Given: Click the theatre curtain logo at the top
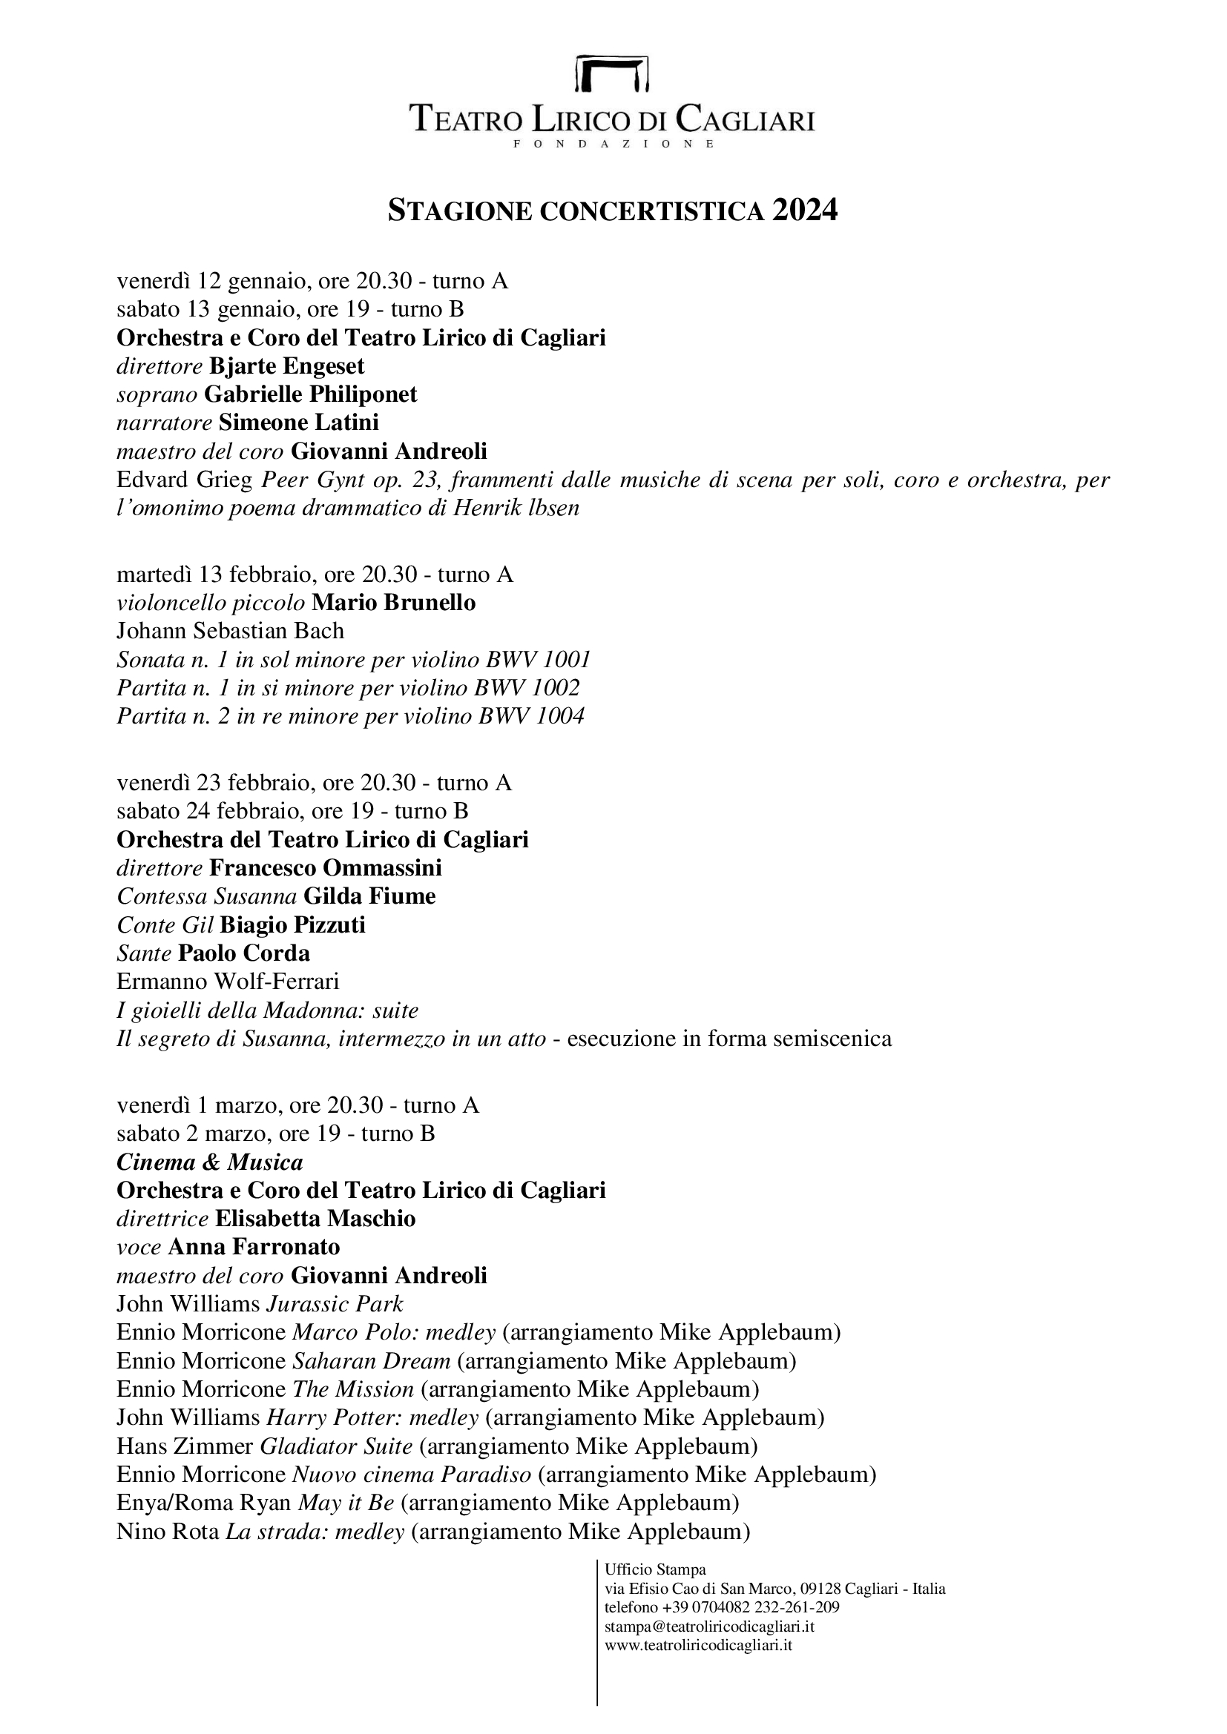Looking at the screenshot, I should (x=613, y=73).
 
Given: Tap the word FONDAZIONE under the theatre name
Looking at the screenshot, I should (x=613, y=144).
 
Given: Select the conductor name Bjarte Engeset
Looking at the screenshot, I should (x=286, y=366).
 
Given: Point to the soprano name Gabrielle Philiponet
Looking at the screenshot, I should (x=311, y=394).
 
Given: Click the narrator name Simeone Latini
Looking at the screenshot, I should (x=298, y=423).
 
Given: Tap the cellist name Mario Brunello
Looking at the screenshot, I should (x=394, y=603).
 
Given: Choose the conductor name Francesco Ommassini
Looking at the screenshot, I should (x=326, y=868).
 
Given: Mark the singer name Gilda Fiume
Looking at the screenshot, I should (x=369, y=896).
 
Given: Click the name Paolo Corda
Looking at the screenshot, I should (x=244, y=953).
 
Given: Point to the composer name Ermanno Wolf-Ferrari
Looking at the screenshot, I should (x=228, y=982).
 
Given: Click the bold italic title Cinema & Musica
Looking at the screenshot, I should (x=209, y=1162).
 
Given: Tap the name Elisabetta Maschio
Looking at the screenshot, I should (x=315, y=1219).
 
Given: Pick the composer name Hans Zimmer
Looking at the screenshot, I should (x=185, y=1446).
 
